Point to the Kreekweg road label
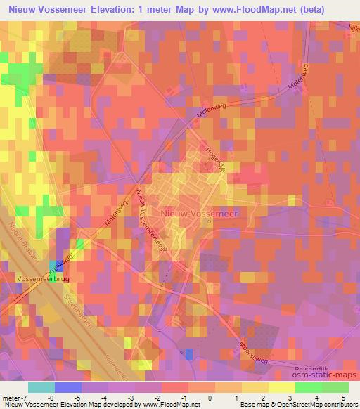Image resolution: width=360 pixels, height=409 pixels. click(x=62, y=267)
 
